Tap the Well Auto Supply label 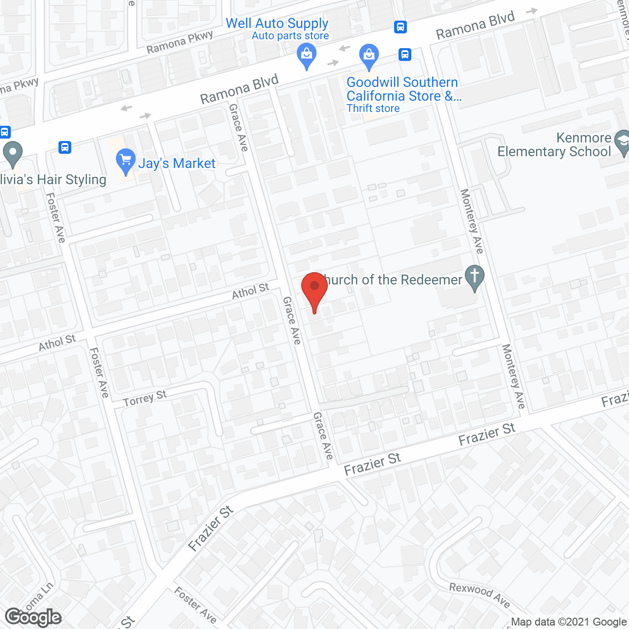coord(277,23)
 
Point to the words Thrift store coord(373,109)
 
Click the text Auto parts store coord(290,36)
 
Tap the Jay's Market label coord(176,164)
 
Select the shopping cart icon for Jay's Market coord(126,160)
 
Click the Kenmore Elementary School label coord(554,144)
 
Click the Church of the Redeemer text coord(392,280)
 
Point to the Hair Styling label coord(53,180)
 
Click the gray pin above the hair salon coord(13,153)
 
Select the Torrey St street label coord(145,399)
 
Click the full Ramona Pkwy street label coord(180,42)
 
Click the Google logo coord(33,617)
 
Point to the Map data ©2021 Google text coord(569,622)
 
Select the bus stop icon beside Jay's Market coord(65,147)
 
